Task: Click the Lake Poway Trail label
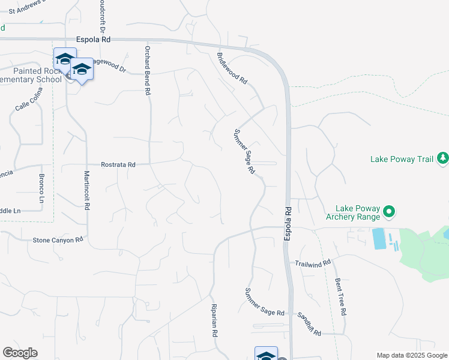(x=402, y=159)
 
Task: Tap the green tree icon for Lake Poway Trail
(x=443, y=158)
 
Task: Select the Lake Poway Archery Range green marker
(x=389, y=211)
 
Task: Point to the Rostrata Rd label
(x=118, y=164)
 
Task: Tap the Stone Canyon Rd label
(x=58, y=240)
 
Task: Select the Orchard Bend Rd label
(x=146, y=70)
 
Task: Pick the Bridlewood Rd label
(x=232, y=68)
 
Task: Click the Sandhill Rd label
(x=309, y=324)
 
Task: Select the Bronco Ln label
(x=42, y=188)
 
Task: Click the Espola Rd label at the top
(x=94, y=40)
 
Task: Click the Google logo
(x=20, y=353)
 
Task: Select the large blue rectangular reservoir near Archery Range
(x=379, y=239)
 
